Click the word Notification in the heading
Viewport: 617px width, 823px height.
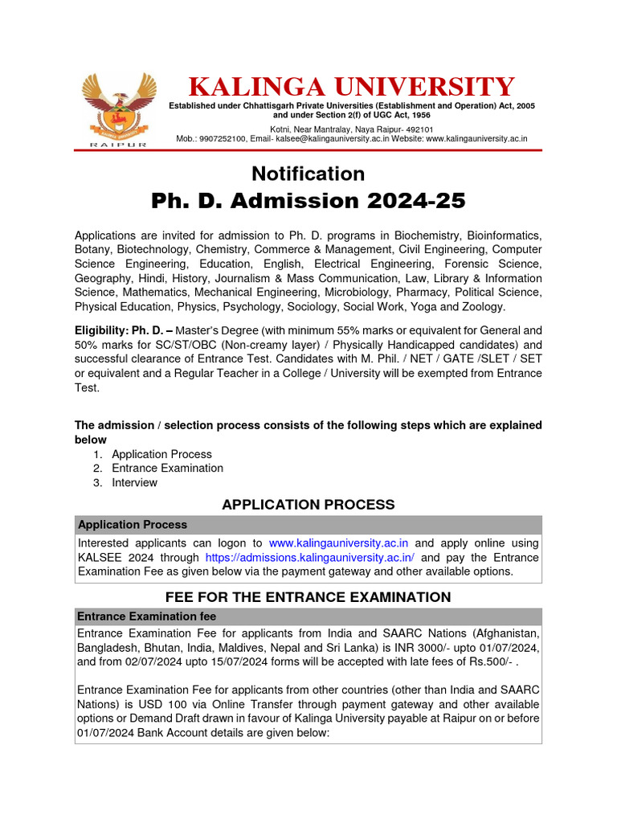(x=308, y=174)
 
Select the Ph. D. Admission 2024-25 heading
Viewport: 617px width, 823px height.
(x=308, y=201)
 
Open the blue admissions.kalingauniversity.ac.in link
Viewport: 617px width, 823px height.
(x=310, y=557)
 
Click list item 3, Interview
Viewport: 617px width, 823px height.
(x=134, y=482)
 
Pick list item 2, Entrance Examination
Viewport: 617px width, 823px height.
(x=167, y=468)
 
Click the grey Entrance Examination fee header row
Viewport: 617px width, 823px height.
(x=308, y=615)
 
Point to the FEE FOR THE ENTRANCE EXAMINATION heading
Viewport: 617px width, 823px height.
(x=308, y=596)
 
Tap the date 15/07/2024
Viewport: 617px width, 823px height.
(x=231, y=662)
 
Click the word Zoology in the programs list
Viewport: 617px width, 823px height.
(x=483, y=306)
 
